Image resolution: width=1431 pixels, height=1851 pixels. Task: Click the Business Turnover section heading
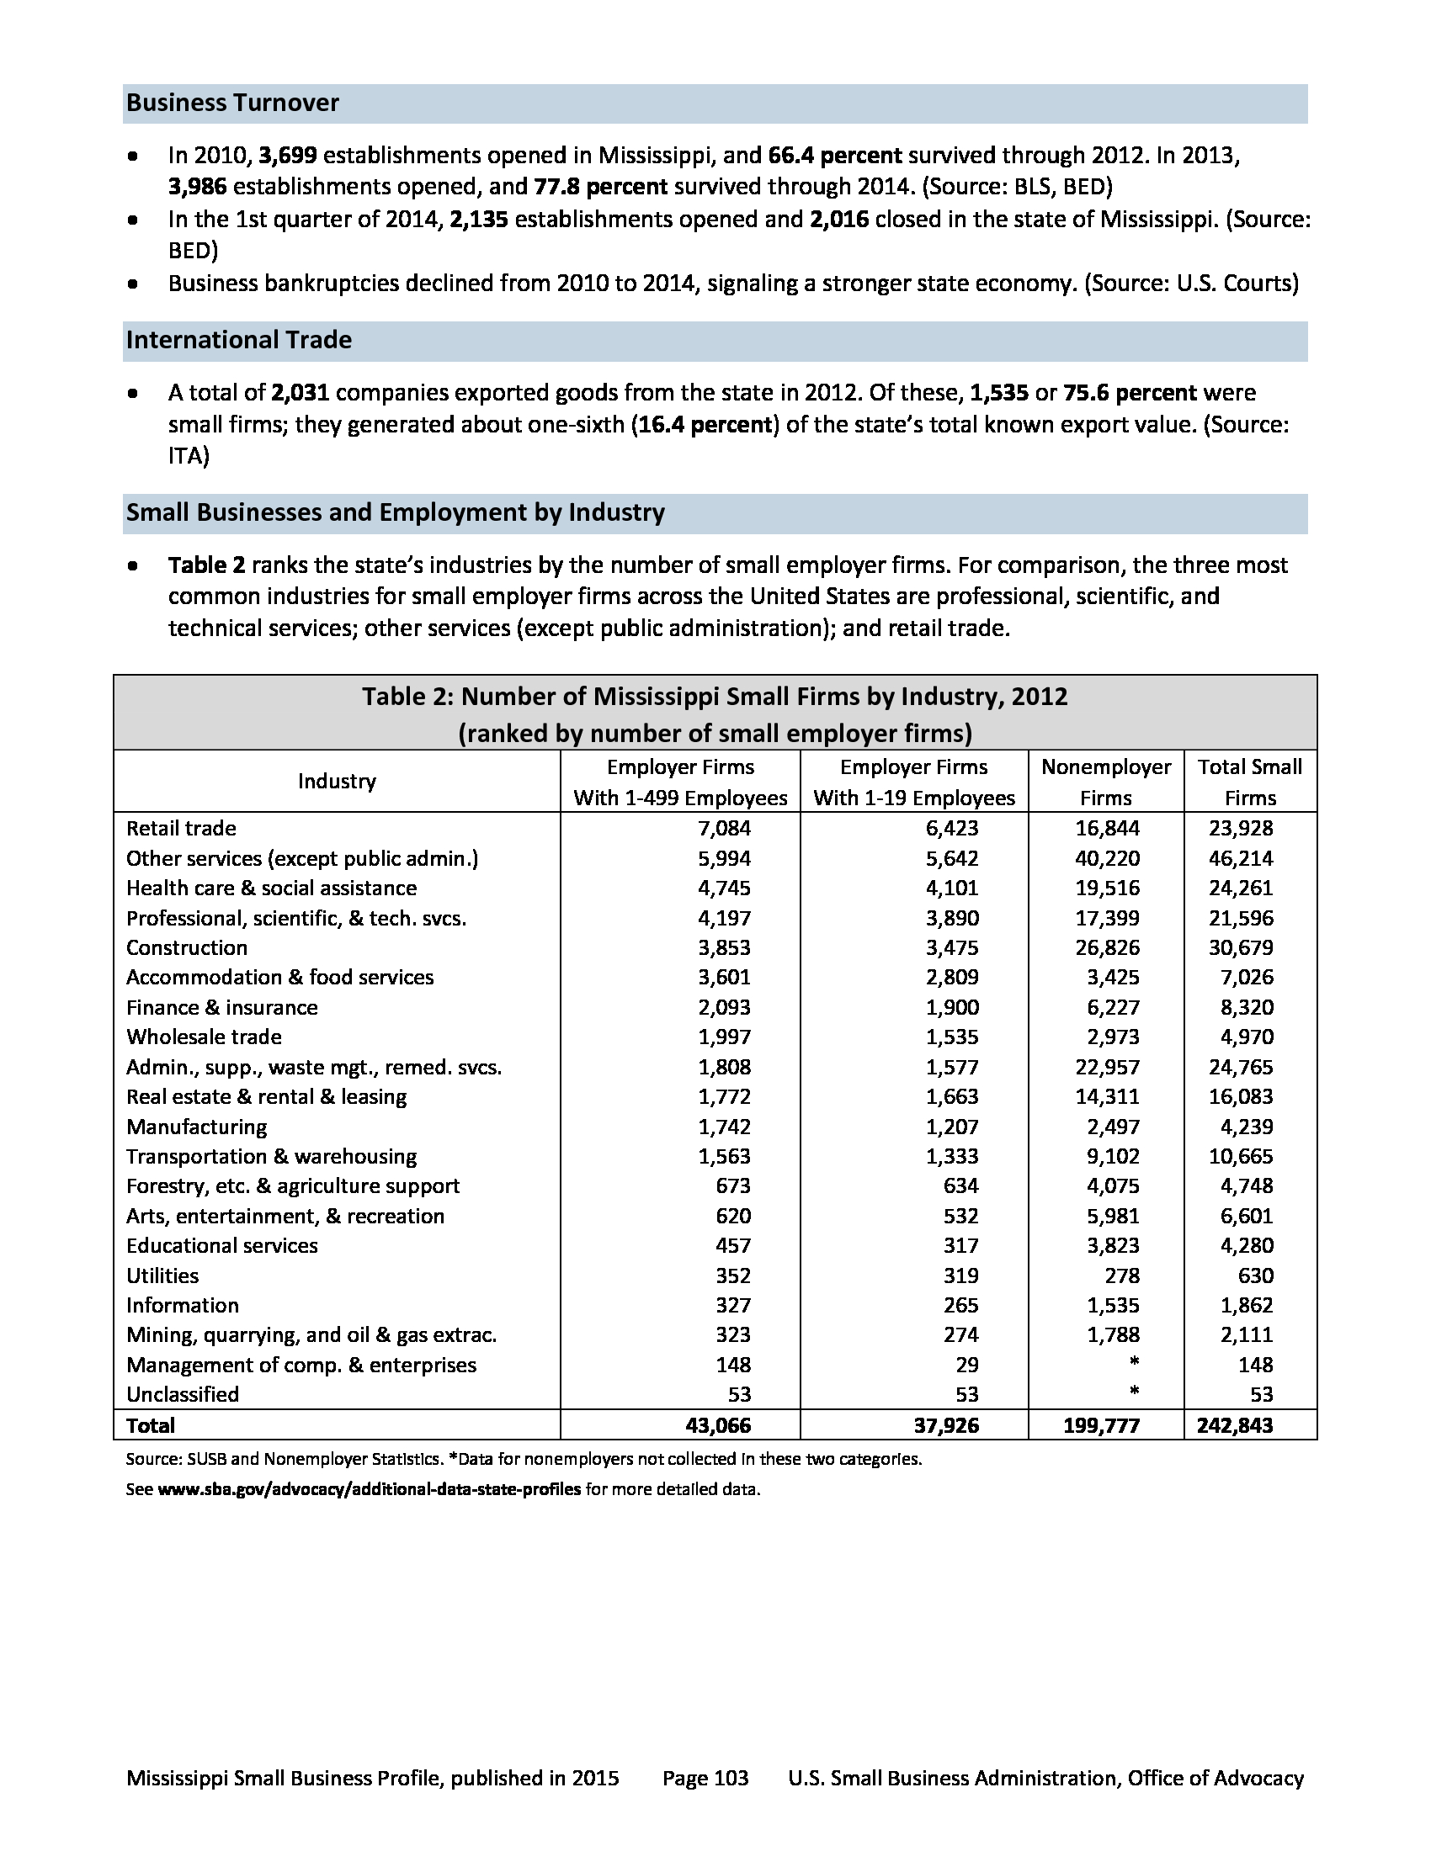click(x=232, y=103)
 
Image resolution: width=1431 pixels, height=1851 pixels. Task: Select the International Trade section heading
click(x=239, y=340)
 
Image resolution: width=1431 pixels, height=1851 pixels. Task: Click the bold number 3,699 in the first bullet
click(x=288, y=156)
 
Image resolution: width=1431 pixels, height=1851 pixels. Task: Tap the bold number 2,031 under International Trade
click(x=301, y=393)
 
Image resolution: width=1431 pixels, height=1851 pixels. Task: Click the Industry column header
click(x=337, y=782)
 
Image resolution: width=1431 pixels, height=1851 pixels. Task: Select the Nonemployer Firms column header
click(x=1105, y=782)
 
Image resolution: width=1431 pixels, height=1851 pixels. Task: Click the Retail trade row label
click(x=182, y=828)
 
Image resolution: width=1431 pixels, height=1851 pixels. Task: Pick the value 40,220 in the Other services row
click(x=1107, y=858)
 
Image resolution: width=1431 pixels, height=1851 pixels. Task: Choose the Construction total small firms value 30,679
click(x=1240, y=947)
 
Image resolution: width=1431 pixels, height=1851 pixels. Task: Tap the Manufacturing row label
click(x=197, y=1127)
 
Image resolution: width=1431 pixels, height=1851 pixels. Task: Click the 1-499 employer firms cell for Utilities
click(x=733, y=1276)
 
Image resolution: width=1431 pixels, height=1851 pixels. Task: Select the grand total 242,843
click(x=1234, y=1425)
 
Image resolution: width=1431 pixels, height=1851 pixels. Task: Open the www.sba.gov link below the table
click(x=370, y=1489)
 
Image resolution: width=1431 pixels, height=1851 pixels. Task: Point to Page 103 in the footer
click(x=705, y=1778)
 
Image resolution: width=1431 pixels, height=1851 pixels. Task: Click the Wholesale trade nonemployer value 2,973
click(x=1113, y=1037)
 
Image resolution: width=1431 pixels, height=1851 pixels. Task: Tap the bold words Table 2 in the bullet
click(x=207, y=565)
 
